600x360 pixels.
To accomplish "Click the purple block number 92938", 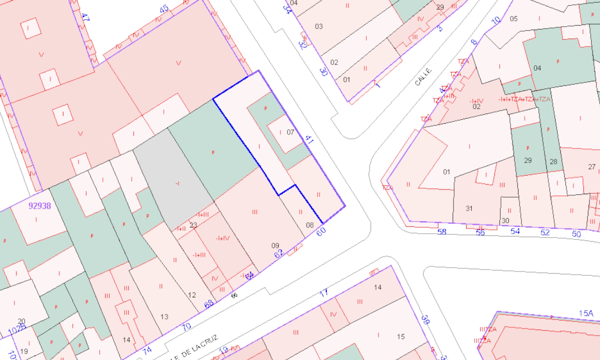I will tap(40, 206).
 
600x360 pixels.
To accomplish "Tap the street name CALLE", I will tap(423, 76).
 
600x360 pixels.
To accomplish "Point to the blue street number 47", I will tap(85, 17).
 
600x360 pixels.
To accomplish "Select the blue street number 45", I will tap(164, 9).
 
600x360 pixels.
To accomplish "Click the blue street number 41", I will tap(309, 139).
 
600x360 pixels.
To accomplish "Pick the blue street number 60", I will tap(321, 232).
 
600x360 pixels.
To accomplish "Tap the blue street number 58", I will tap(442, 232).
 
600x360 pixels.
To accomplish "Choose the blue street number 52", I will tap(545, 232).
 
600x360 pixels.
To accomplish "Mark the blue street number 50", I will tap(576, 234).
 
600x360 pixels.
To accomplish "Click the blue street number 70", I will tap(186, 326).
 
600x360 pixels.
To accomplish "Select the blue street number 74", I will tap(147, 350).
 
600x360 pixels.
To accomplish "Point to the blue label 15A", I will tap(586, 313).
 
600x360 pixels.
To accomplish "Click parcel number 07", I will tap(290, 132).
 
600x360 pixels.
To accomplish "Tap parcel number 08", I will tap(310, 225).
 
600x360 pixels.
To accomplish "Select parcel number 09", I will tap(275, 246).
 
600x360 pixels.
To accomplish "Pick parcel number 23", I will tap(193, 225).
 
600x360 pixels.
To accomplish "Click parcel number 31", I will tap(469, 208).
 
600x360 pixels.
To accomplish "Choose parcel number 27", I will tap(591, 167).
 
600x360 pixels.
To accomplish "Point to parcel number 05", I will tap(514, 19).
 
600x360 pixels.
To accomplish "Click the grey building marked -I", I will tap(178, 183).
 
